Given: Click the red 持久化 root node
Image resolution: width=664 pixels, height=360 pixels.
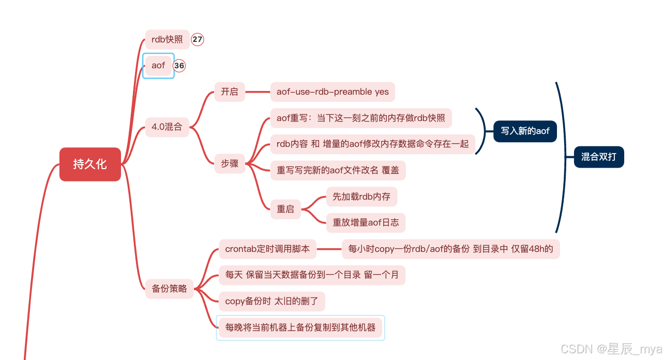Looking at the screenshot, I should pos(90,164).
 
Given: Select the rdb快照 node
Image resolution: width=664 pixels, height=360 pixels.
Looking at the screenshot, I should pos(167,39).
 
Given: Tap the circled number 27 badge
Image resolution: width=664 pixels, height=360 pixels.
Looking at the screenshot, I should pos(198,39).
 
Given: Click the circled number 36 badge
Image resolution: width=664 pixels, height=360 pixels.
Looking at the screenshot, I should pos(179,66).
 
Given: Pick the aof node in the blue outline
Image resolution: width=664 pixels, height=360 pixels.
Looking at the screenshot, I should pos(158,66).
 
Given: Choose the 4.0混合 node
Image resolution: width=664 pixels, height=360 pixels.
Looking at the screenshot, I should pos(167,127).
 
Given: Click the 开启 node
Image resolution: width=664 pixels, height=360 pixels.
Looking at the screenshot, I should pos(230,92).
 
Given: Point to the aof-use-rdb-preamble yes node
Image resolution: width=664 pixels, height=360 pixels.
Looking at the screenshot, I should pos(333,92).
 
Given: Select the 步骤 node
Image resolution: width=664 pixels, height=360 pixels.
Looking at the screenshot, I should pos(230,163).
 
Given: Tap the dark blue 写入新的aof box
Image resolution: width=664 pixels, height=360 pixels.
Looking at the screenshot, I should pos(525,131).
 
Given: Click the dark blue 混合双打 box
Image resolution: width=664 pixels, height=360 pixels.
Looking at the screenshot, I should pos(599,157).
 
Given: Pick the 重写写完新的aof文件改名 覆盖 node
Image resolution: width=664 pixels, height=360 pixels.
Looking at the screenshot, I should pos(338,170).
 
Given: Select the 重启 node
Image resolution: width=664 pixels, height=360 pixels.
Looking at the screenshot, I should pos(285,209).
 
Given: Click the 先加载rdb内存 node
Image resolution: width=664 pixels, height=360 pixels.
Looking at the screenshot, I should pos(361,197).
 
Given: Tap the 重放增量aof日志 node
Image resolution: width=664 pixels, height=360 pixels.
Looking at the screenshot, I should pos(366,222).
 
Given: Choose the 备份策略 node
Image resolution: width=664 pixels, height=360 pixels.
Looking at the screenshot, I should pos(169,289).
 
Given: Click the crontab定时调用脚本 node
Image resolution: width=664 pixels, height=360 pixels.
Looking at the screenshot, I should pos(267,249).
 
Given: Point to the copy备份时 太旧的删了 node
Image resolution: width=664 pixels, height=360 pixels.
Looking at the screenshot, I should pos(271,301).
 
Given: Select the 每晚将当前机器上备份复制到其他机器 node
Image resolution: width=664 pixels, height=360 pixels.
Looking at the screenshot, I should pos(300,327).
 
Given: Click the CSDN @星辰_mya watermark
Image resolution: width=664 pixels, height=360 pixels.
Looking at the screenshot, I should pos(611,349).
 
